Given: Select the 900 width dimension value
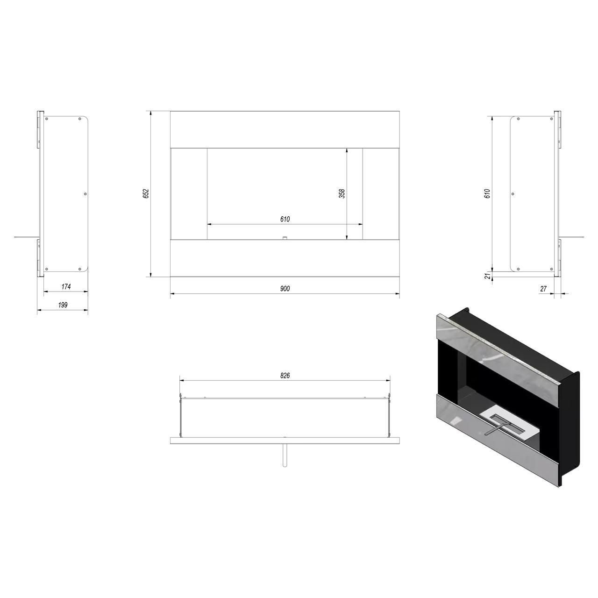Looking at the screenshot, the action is point(285,289).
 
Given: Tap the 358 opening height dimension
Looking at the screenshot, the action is point(342,193).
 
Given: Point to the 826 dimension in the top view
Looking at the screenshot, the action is point(285,376).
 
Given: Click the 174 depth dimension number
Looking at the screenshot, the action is point(66,287).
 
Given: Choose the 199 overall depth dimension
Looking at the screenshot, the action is point(63,305).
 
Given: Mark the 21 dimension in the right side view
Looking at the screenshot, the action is point(488,275).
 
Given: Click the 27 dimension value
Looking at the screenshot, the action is point(543,289).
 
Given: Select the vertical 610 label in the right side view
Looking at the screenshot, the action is point(488,193).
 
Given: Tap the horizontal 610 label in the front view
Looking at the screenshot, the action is point(285,219).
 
